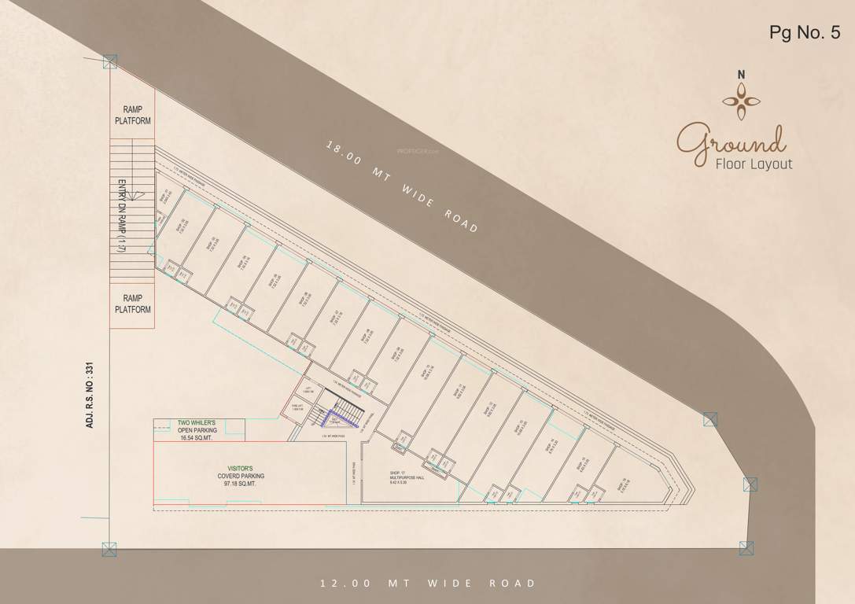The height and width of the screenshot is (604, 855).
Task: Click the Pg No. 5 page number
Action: coord(805,32)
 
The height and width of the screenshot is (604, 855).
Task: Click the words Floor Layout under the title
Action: coord(754,164)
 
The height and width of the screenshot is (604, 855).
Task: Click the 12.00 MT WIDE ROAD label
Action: coord(427,584)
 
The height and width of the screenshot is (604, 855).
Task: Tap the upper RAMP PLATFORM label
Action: coord(132,115)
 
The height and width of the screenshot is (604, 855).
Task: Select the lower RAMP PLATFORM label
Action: coord(132,304)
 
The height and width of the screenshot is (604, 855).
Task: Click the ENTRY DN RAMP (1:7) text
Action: coord(123,216)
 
